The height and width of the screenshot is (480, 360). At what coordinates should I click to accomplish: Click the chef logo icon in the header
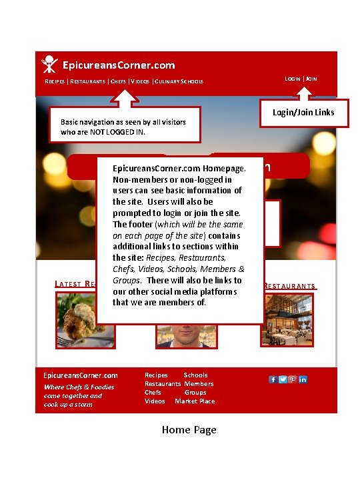(49, 63)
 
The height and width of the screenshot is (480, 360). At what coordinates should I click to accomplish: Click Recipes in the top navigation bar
(55, 82)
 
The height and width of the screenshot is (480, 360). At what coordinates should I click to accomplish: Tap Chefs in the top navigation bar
(118, 82)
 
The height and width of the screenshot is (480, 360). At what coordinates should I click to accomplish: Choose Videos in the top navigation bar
(140, 82)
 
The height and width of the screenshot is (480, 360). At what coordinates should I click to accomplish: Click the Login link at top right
(293, 79)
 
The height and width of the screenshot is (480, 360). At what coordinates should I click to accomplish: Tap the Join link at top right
(311, 79)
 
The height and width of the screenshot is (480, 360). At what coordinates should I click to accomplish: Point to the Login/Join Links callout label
(303, 112)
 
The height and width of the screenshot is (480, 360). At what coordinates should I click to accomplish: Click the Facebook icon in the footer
(273, 379)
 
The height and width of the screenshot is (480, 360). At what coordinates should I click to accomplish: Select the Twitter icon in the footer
(283, 379)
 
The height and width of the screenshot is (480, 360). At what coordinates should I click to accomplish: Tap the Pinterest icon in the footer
(293, 379)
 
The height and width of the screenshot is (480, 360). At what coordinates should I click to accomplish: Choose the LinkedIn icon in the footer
(303, 379)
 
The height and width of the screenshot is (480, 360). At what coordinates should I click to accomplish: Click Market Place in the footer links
(195, 401)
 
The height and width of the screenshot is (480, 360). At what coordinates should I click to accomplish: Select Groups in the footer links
(195, 393)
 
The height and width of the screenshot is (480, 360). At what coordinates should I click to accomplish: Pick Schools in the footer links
(195, 375)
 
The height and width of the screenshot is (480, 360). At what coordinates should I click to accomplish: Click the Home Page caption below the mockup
(189, 430)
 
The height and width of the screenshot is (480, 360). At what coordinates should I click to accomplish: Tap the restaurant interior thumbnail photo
(287, 320)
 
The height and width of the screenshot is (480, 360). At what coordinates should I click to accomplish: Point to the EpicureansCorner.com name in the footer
(80, 375)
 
